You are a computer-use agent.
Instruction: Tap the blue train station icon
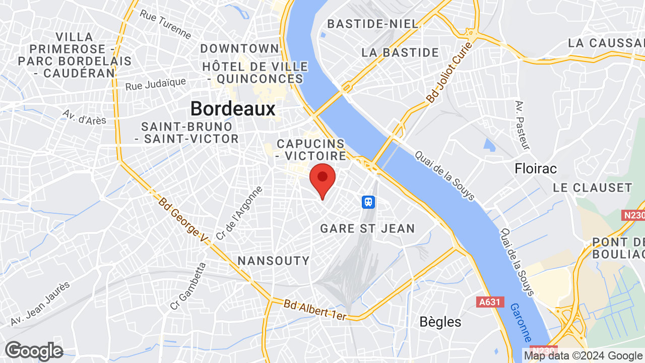point(369,202)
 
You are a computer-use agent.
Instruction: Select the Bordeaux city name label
point(233,109)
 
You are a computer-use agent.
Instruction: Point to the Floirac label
point(536,168)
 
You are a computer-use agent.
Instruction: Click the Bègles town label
point(440,322)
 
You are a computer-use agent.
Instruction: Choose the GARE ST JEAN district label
point(367,228)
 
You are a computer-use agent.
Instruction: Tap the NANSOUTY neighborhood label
point(273,261)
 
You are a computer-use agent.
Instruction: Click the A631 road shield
point(490,302)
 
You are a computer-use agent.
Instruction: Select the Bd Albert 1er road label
point(315,310)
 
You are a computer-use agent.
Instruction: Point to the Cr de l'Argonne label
point(239,213)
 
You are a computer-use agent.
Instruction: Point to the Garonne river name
point(521,322)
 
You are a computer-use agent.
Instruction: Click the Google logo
point(34,351)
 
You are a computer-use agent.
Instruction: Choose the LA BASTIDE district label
point(400,52)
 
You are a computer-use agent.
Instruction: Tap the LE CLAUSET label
point(592,188)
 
